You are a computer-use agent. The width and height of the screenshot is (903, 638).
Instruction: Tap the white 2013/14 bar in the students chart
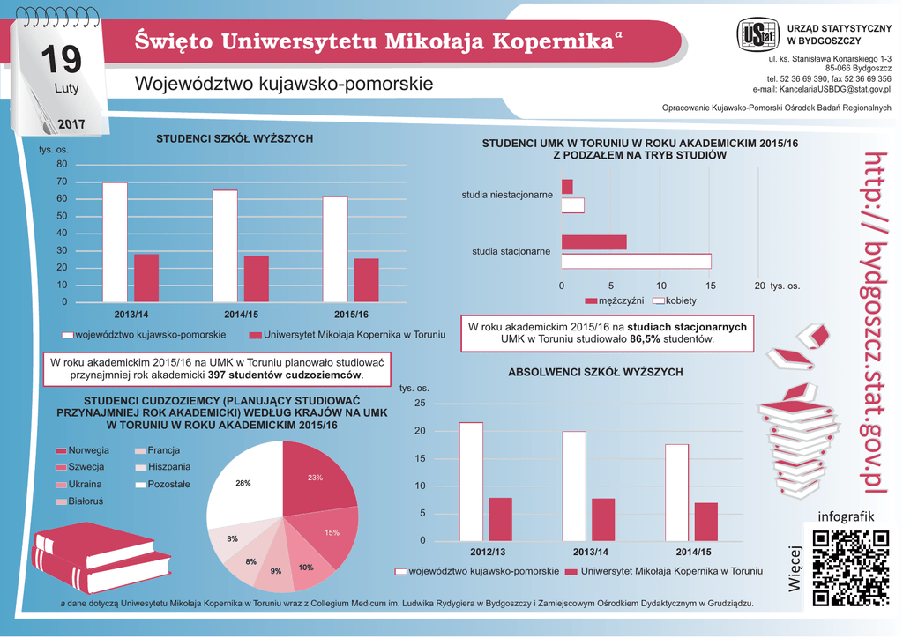[x=115, y=242]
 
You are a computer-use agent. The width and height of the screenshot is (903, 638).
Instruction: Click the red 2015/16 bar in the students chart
[x=366, y=280]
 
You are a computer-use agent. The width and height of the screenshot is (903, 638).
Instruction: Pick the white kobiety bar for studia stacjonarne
[x=636, y=261]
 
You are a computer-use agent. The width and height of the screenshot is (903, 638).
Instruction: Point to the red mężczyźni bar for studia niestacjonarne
[x=567, y=187]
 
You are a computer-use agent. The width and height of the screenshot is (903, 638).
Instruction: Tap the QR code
[x=850, y=568]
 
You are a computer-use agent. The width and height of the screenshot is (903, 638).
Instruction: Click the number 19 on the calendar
[x=60, y=60]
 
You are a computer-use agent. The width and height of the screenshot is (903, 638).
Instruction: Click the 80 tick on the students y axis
[x=62, y=164]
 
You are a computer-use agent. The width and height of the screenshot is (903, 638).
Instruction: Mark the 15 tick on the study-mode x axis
[x=711, y=286]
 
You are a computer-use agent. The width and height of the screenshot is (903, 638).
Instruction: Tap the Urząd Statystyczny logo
[x=757, y=35]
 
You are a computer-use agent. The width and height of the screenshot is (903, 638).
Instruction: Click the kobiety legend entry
[x=675, y=301]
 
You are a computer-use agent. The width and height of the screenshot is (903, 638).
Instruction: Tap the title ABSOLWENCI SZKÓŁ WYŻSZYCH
[x=595, y=373]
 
